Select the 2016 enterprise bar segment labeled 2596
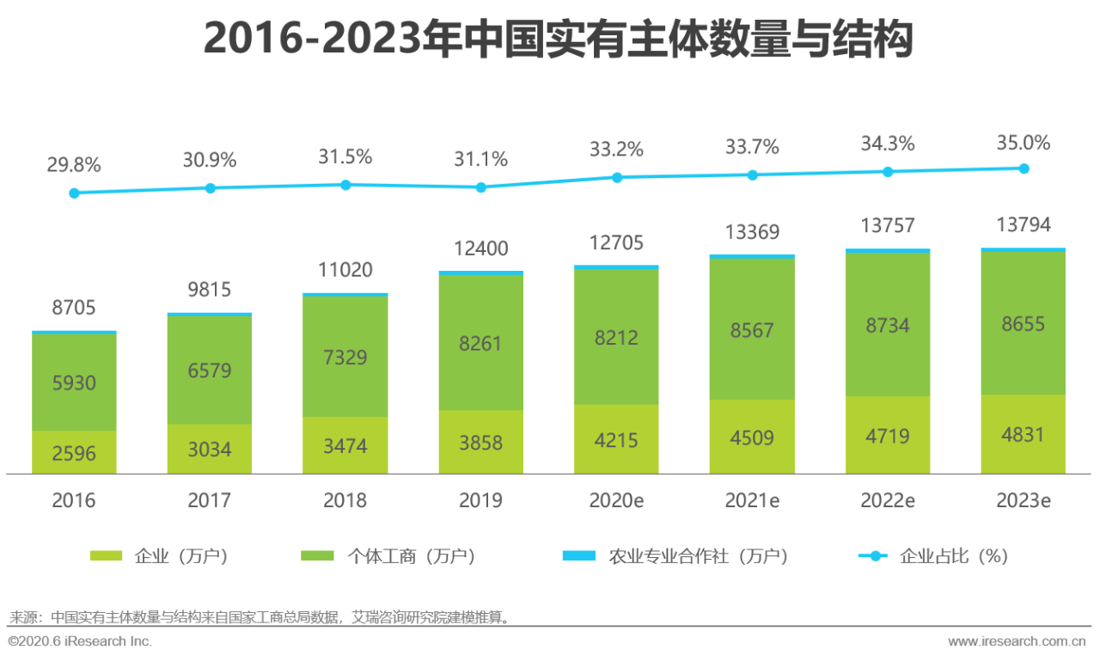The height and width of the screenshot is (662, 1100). (x=74, y=453)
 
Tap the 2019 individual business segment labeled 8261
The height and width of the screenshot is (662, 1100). (x=481, y=343)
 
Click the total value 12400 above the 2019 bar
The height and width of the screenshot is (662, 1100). (x=481, y=249)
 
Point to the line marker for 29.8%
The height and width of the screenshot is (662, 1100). (x=74, y=193)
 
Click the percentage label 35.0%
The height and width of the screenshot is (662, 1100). (x=1024, y=143)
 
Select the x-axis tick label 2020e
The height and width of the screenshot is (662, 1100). (x=616, y=500)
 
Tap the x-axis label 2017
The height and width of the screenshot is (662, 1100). (x=210, y=500)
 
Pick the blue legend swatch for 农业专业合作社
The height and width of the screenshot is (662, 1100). (x=579, y=556)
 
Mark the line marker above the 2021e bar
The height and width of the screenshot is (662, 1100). (x=752, y=175)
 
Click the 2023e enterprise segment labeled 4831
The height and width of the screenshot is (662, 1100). (x=1024, y=434)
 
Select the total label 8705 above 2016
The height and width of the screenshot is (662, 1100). (x=74, y=308)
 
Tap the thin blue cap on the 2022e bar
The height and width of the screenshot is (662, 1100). (x=888, y=250)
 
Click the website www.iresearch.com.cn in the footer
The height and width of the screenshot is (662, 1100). (x=1017, y=641)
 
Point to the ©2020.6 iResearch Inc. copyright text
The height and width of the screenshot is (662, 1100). (x=80, y=641)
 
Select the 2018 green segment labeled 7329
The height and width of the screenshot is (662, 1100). (x=345, y=356)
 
